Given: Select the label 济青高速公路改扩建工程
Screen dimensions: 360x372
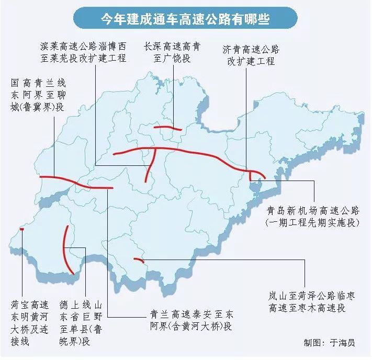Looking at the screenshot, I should click(x=251, y=55).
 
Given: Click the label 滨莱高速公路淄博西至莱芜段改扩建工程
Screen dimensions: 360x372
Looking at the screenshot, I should click(x=84, y=52).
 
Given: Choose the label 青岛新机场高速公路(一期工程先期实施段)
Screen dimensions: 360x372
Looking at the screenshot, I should click(x=313, y=217).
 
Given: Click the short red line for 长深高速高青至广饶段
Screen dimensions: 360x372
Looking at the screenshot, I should click(x=167, y=127).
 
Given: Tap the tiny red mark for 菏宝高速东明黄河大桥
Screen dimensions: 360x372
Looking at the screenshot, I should click(x=21, y=229).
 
